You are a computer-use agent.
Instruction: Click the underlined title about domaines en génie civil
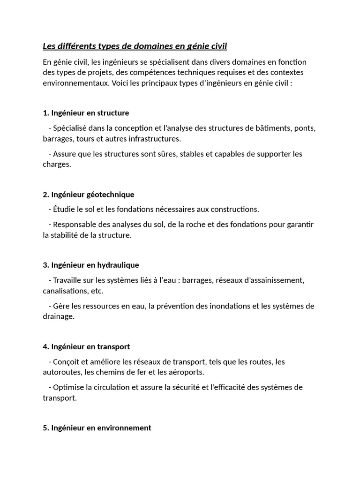pyautogui.click(x=135, y=46)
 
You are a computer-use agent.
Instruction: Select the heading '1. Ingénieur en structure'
pyautogui.click(x=86, y=113)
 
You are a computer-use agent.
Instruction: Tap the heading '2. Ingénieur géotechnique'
pyautogui.click(x=89, y=194)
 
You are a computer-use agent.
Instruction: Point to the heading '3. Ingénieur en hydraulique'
pyautogui.click(x=91, y=265)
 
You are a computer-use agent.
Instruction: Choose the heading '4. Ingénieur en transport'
pyautogui.click(x=86, y=346)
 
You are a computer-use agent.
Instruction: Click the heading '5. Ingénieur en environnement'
pyautogui.click(x=97, y=427)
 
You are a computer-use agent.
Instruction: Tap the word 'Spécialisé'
pyautogui.click(x=70, y=128)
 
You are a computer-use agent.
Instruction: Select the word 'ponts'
pyautogui.click(x=305, y=128)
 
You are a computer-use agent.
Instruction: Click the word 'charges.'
pyautogui.click(x=57, y=165)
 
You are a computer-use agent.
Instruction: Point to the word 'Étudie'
pyautogui.click(x=64, y=209)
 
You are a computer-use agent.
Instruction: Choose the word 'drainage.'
pyautogui.click(x=59, y=316)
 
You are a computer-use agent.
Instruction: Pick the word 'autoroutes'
pyautogui.click(x=62, y=372)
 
